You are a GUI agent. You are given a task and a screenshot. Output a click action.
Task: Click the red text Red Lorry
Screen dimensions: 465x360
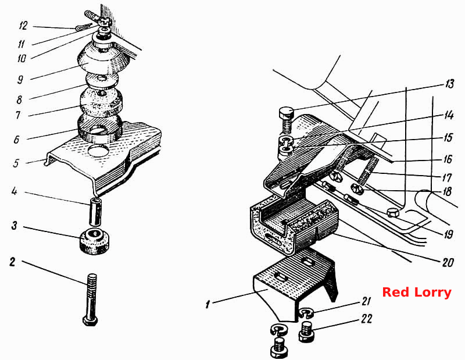417,293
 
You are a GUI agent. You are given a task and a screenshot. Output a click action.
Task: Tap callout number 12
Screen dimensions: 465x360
23,26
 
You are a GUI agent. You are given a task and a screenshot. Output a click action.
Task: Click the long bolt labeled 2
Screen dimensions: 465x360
91,300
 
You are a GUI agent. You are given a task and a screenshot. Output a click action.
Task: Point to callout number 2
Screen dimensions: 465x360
12,262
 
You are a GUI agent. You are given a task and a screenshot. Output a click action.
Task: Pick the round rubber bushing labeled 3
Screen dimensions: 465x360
95,241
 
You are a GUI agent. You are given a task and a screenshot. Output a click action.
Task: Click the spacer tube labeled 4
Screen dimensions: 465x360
96,212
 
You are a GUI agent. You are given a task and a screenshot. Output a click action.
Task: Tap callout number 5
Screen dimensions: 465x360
16,163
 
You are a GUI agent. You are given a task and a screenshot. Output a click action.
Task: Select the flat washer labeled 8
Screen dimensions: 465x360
101,81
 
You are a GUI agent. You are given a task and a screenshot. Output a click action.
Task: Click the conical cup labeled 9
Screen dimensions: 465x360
103,59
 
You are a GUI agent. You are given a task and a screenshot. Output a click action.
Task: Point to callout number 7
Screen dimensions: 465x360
17,115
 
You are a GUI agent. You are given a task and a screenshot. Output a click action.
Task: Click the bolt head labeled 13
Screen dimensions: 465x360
287,112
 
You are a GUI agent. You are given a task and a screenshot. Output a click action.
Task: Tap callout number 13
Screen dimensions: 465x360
449,84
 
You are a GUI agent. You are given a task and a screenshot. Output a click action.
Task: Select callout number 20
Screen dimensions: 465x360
448,262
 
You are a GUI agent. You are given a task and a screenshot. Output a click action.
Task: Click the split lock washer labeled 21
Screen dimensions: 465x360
304,313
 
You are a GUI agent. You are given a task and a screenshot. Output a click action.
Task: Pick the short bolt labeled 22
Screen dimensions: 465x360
306,332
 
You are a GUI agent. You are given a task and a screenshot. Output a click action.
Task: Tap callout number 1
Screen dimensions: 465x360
208,304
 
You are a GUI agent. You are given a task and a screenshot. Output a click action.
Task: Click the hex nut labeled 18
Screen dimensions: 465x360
356,189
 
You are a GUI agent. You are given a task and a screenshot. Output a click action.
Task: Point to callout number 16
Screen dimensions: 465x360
448,159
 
